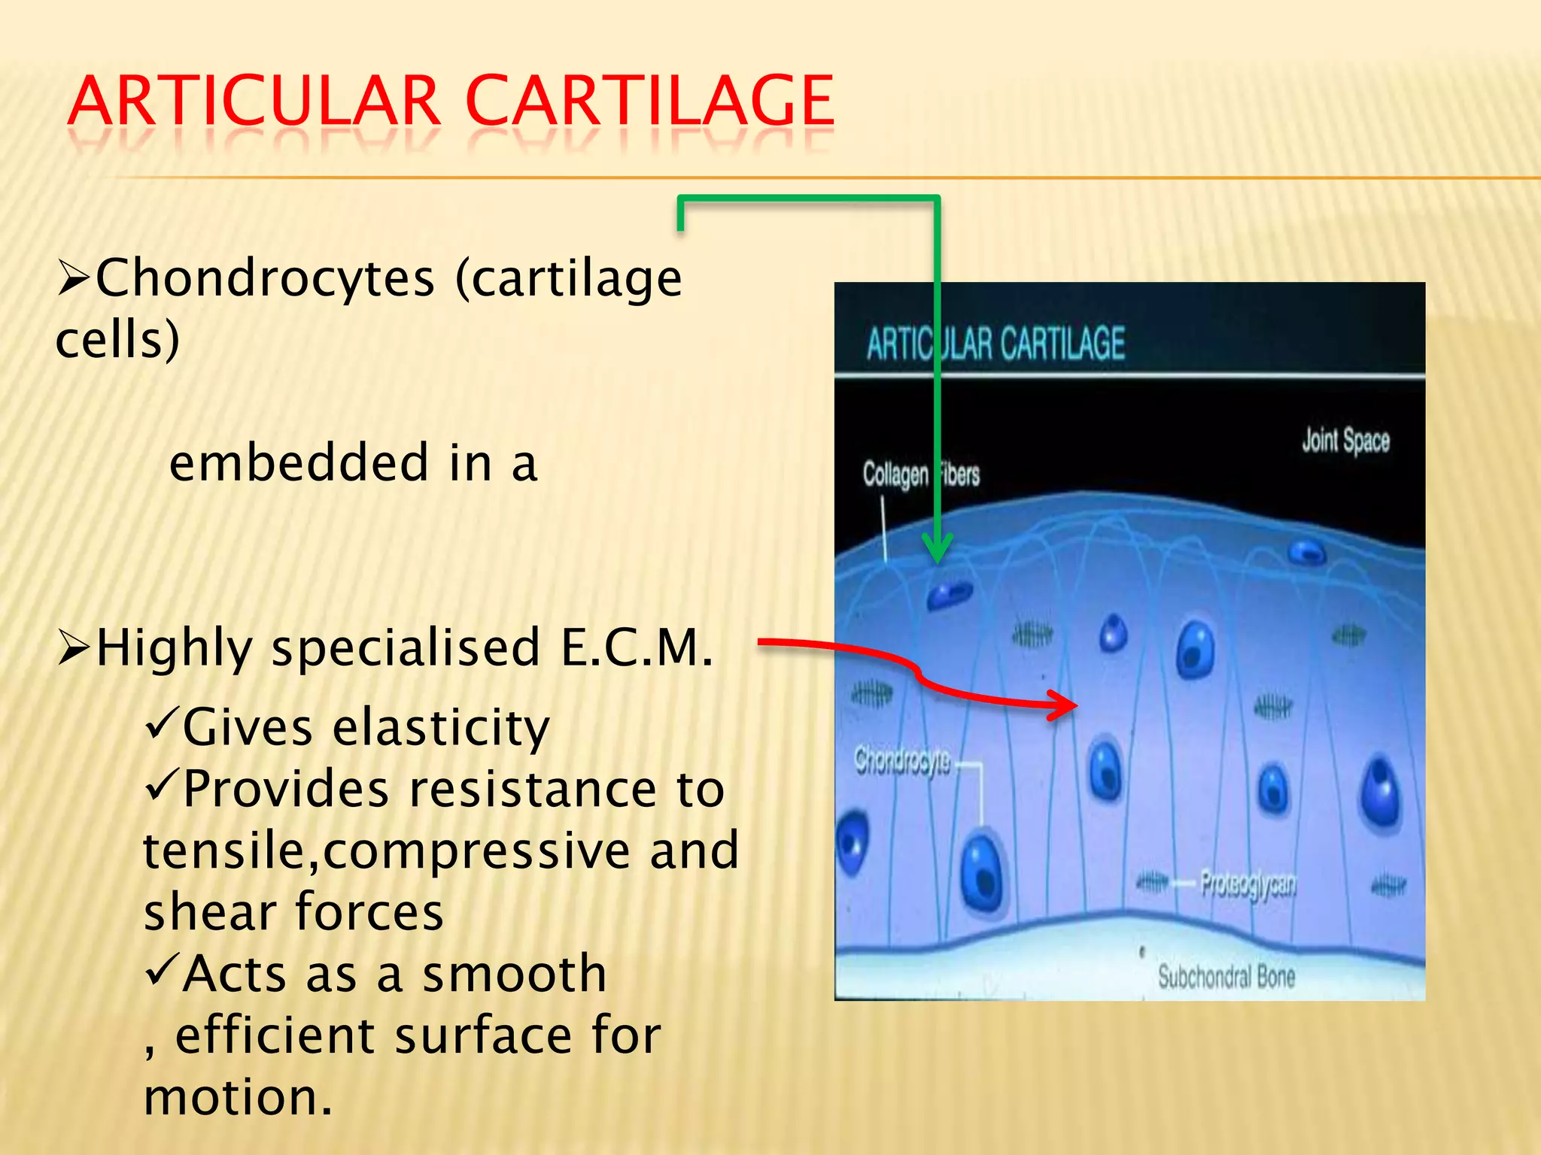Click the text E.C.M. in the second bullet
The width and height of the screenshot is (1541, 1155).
click(x=637, y=647)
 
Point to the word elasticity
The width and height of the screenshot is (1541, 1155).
click(x=441, y=728)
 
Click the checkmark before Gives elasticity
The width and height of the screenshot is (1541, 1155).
click(x=160, y=723)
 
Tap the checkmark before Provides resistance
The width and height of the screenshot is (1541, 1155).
click(x=160, y=785)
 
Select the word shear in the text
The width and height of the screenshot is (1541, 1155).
click(x=210, y=912)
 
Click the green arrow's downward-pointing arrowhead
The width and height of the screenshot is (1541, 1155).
click(x=937, y=549)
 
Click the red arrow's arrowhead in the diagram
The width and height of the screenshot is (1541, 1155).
click(x=1064, y=705)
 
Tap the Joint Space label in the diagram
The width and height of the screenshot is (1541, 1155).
click(x=1345, y=441)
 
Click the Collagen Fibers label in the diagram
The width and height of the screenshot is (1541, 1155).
click(x=920, y=474)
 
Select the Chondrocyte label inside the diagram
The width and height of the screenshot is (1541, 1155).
click(x=902, y=760)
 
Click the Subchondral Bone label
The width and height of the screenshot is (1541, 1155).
click(x=1226, y=977)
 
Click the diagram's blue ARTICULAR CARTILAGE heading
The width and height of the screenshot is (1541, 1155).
click(x=995, y=344)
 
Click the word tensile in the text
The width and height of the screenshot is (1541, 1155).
click(x=229, y=850)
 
